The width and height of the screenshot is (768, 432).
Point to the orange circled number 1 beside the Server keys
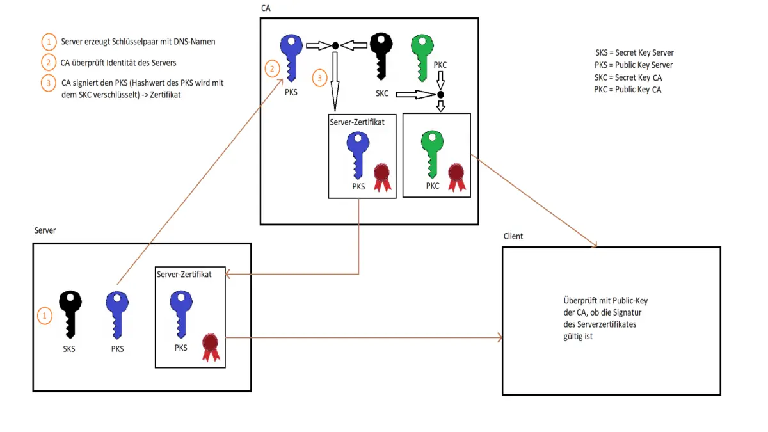(x=44, y=316)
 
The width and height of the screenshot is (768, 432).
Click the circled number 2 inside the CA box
(x=273, y=67)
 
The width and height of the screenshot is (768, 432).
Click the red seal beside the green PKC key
(x=456, y=176)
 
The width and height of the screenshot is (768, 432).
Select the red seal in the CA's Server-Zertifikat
(x=382, y=176)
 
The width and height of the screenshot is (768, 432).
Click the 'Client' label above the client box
(x=513, y=236)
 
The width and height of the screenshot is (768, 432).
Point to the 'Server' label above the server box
(x=45, y=230)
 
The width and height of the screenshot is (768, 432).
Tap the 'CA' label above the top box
(x=266, y=8)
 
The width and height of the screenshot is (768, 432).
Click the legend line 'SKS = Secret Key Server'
(x=634, y=52)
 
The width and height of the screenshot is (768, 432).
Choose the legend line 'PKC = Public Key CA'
(x=628, y=90)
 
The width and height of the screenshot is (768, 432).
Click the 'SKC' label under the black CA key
(x=383, y=93)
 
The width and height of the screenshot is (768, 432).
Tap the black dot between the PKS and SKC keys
(x=334, y=45)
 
